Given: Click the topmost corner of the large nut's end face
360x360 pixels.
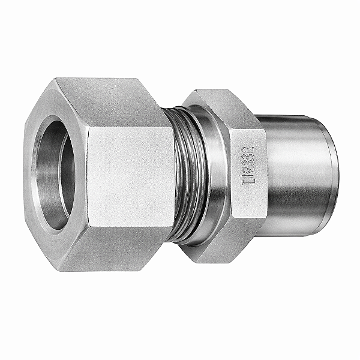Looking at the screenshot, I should pyautogui.click(x=57, y=79).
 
